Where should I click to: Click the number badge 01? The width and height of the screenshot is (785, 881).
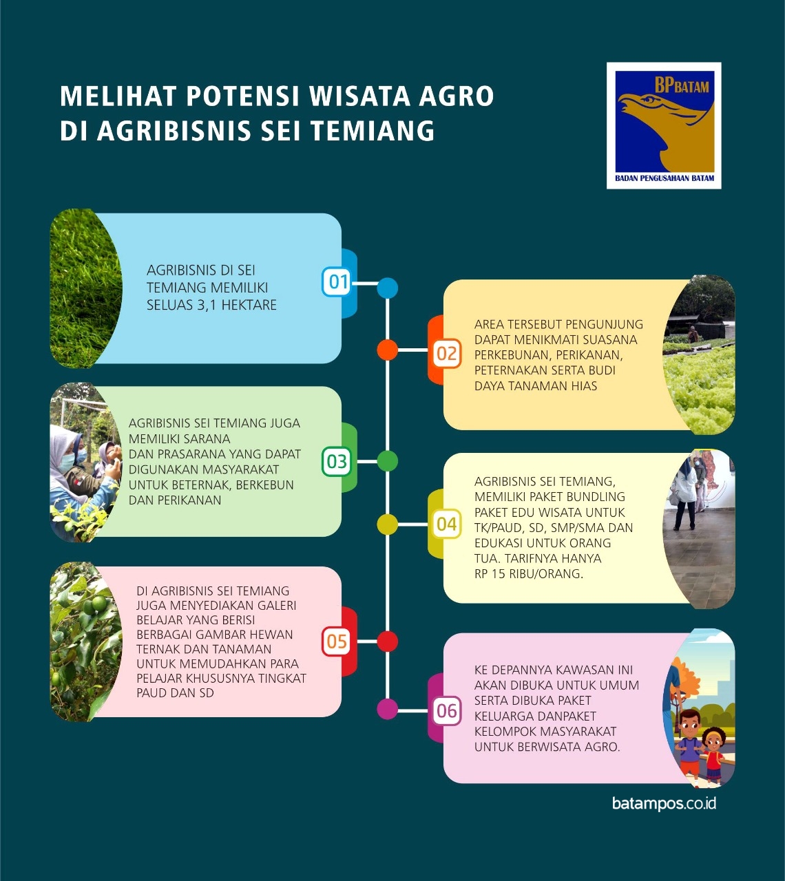coord(337,282)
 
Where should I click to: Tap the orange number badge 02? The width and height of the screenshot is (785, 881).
coord(446,354)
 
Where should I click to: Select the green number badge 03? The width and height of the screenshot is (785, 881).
coord(337,461)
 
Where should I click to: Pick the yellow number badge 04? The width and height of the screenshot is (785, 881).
coord(446,524)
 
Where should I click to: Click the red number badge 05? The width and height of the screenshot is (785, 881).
coord(337,642)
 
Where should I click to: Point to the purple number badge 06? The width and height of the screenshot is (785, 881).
coord(446,711)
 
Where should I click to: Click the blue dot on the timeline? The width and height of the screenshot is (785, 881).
coord(388,288)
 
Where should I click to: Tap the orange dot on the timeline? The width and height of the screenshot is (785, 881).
coord(388,350)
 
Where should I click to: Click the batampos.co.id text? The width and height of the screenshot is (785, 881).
coord(664,803)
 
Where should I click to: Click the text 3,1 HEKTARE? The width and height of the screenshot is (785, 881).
coord(238,305)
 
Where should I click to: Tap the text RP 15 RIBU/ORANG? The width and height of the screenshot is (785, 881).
coord(529,573)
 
